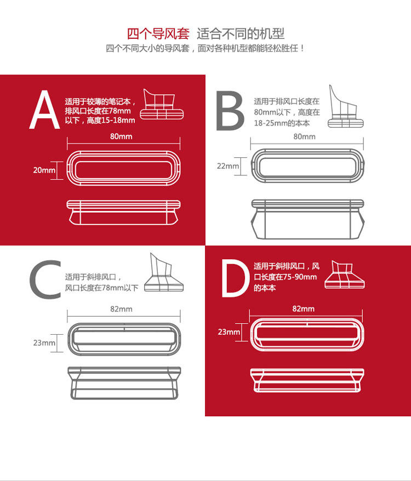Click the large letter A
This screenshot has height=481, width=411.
tap(44, 111)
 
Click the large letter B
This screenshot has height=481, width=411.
tap(230, 111)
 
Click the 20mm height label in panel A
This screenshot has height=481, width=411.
tap(44, 170)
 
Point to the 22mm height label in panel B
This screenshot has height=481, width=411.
tap(228, 166)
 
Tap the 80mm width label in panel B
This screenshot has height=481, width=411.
tap(305, 136)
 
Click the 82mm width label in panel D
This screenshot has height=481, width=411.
tap(304, 309)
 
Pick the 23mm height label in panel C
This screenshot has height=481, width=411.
tap(44, 343)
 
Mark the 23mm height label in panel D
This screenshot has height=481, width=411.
tap(229, 331)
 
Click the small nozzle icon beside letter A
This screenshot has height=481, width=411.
tap(162, 104)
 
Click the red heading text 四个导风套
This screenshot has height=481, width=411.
tap(158, 34)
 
